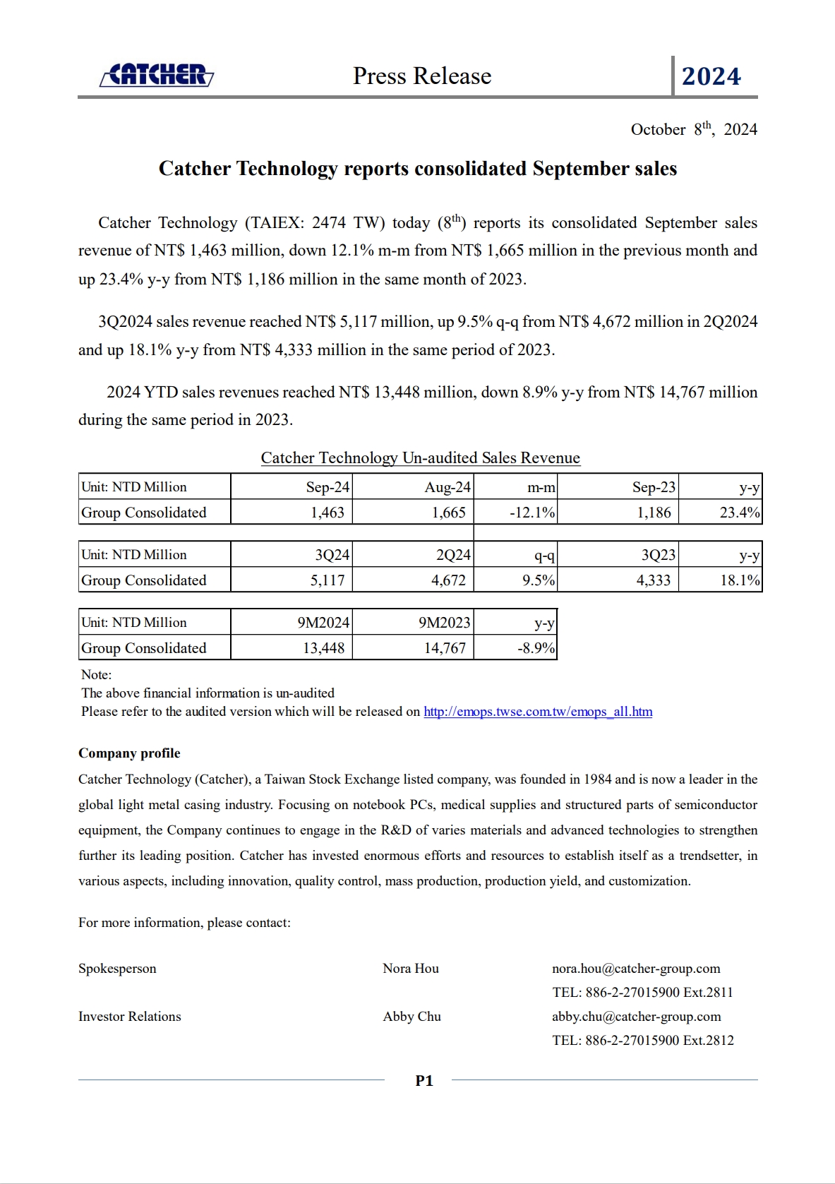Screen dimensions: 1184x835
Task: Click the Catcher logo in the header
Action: pyautogui.click(x=157, y=75)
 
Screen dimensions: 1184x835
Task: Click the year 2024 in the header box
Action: pyautogui.click(x=711, y=76)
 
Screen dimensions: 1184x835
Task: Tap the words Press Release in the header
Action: pyautogui.click(x=422, y=76)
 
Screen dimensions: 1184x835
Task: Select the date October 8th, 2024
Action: pyautogui.click(x=693, y=129)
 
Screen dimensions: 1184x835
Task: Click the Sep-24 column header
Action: pyautogui.click(x=328, y=487)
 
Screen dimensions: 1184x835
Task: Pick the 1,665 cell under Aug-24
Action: pyautogui.click(x=449, y=513)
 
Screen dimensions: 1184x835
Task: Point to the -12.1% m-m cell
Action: pyautogui.click(x=532, y=513)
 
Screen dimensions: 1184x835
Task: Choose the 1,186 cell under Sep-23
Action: pyautogui.click(x=654, y=513)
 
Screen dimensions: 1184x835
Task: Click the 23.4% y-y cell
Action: pyautogui.click(x=739, y=513)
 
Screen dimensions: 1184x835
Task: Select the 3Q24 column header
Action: pyautogui.click(x=332, y=555)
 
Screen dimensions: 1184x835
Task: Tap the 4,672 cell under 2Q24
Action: pyautogui.click(x=449, y=580)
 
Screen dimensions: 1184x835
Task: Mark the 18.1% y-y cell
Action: pyautogui.click(x=739, y=580)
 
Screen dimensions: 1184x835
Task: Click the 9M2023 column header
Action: pyautogui.click(x=444, y=623)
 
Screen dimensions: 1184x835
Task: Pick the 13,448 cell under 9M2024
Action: pyautogui.click(x=324, y=648)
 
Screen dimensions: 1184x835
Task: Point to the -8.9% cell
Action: pyautogui.click(x=536, y=648)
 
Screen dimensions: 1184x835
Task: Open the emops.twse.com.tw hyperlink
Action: pyautogui.click(x=538, y=712)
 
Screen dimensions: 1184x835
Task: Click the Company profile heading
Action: pyautogui.click(x=129, y=753)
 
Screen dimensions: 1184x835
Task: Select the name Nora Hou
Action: pyautogui.click(x=411, y=969)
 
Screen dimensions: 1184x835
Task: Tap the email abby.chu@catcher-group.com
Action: pyautogui.click(x=636, y=1017)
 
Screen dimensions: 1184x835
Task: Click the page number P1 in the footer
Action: pyautogui.click(x=424, y=1080)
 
